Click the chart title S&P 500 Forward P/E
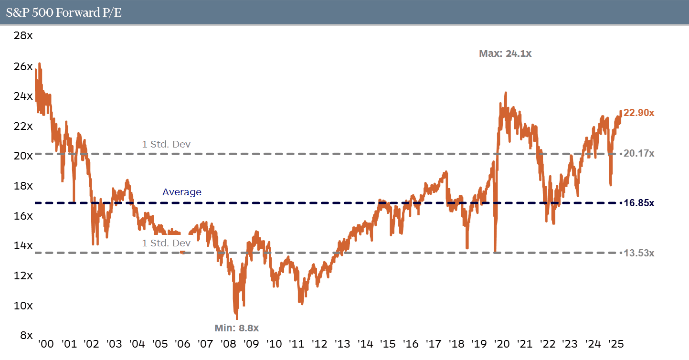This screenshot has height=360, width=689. click(x=64, y=12)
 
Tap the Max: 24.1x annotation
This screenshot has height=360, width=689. click(x=505, y=54)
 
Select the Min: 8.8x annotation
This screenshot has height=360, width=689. click(x=236, y=328)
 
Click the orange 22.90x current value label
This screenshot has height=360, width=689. click(x=639, y=113)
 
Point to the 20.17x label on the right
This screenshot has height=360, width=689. click(x=639, y=154)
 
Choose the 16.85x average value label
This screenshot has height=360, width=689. click(x=639, y=203)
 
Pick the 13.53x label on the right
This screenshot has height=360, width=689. click(x=639, y=253)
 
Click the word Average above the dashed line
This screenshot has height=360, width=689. click(x=181, y=192)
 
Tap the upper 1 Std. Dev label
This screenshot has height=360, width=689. click(x=166, y=144)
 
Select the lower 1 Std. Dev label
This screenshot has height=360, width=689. click(x=166, y=243)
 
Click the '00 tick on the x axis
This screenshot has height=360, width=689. click(x=46, y=344)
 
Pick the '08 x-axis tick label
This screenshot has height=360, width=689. click(x=228, y=344)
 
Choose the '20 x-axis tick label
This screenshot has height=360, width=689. click(x=502, y=344)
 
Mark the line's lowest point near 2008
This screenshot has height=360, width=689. click(x=236, y=318)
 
